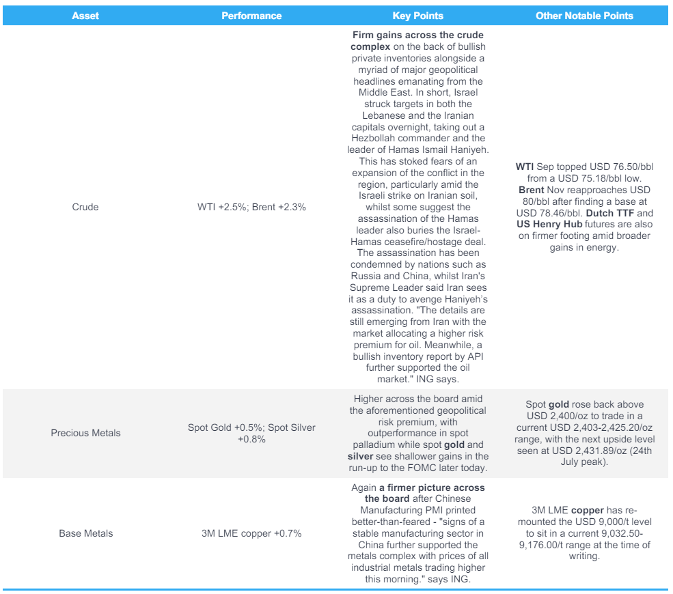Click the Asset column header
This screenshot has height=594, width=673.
85,16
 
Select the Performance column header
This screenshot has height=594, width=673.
251,16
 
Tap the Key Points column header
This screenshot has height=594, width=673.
418,16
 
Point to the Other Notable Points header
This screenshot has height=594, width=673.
584,16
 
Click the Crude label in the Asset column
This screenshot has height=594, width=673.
85,207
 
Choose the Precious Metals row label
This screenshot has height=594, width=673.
85,433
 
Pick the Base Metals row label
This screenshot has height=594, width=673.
85,533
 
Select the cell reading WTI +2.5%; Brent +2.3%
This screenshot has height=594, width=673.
251,207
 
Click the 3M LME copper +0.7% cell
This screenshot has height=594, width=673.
251,533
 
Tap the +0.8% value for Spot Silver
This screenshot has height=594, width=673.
251,439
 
